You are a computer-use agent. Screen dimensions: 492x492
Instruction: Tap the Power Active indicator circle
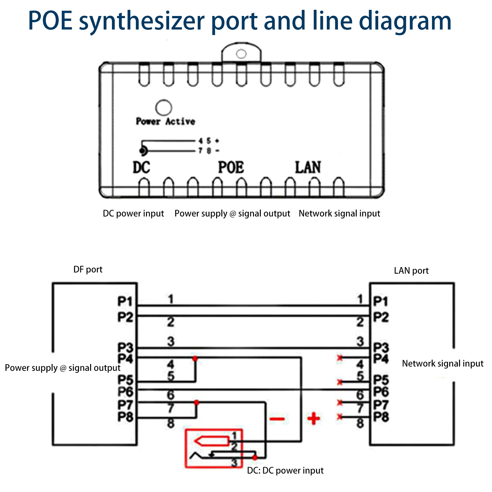(x=164, y=108)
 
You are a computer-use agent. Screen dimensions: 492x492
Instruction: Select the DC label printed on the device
(x=141, y=168)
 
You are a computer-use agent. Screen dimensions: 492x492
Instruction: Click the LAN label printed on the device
(x=308, y=168)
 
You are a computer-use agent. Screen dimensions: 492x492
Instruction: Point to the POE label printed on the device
(x=231, y=168)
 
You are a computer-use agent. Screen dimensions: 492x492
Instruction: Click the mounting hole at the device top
(x=241, y=54)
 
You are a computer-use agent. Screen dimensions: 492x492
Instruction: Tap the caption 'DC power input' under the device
(x=133, y=213)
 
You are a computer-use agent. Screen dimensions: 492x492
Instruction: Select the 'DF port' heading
(x=88, y=269)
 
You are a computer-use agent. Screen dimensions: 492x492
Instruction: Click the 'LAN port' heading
(x=411, y=271)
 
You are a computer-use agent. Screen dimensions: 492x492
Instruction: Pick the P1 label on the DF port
(x=125, y=301)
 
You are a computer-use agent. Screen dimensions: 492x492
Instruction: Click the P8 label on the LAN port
(x=381, y=417)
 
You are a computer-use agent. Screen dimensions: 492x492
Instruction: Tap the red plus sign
(x=314, y=419)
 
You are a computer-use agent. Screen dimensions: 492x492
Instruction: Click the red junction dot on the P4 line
(x=195, y=359)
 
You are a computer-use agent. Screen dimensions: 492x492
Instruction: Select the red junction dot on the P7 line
(x=196, y=403)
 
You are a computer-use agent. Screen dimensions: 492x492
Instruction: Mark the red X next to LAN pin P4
(x=340, y=358)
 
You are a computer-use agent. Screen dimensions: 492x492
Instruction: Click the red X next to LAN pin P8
(x=340, y=417)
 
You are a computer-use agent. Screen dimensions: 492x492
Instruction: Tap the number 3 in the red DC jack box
(x=234, y=462)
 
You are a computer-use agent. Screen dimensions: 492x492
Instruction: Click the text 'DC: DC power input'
(x=285, y=470)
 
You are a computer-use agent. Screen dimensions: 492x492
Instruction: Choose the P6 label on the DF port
(x=125, y=392)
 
